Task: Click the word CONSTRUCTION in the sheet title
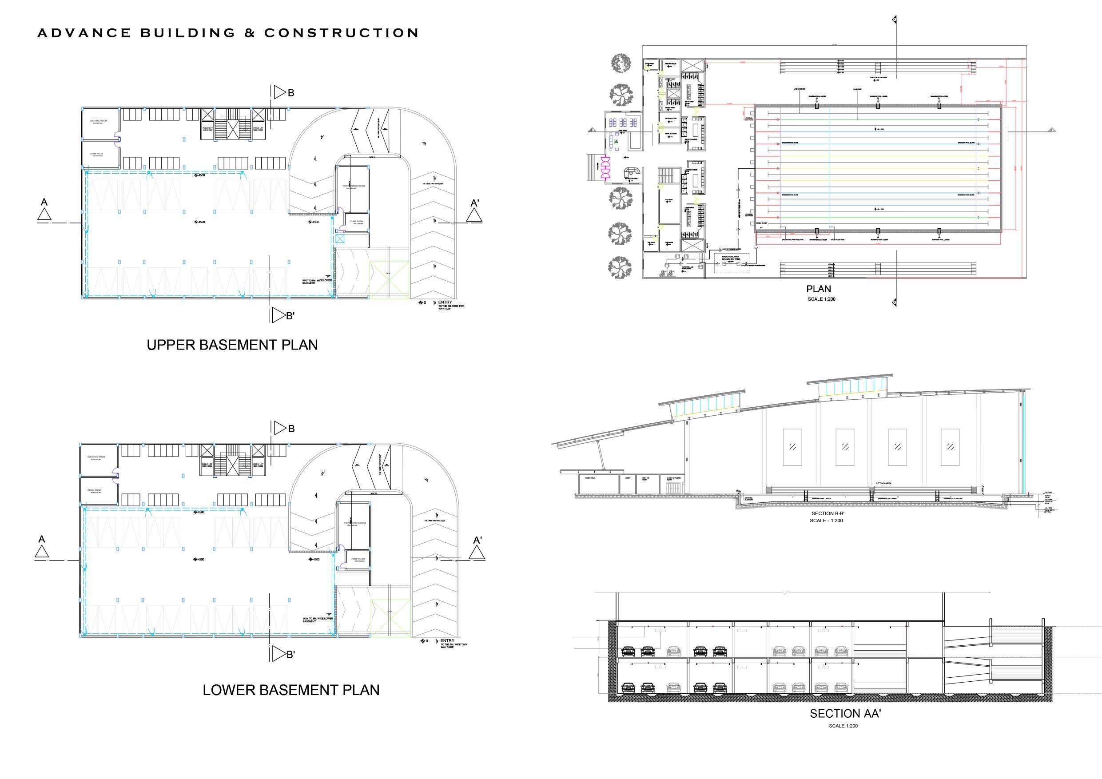point(341,33)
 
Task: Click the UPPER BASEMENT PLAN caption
point(232,345)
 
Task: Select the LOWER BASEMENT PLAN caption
point(291,690)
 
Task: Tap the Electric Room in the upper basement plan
point(99,123)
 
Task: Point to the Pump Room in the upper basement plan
point(357,222)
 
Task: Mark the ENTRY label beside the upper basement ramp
point(445,302)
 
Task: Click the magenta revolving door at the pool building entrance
point(606,167)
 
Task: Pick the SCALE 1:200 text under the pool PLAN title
point(821,299)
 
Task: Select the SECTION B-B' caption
point(827,513)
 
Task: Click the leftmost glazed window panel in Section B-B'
point(792,447)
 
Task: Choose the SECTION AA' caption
point(845,714)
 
